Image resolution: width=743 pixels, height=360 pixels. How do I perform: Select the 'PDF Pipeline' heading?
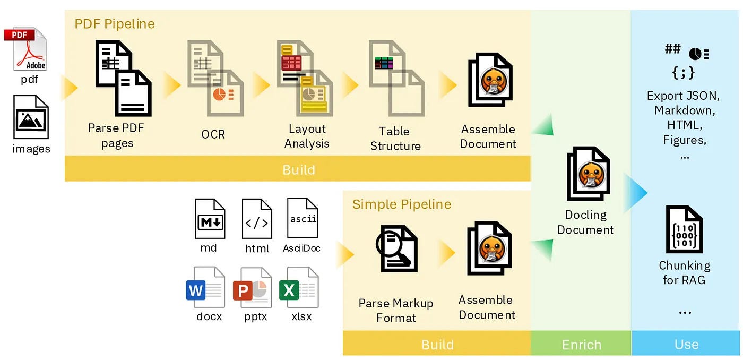(115, 24)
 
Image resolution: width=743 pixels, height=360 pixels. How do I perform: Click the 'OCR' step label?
(213, 134)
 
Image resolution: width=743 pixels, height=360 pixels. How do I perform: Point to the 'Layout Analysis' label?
(307, 136)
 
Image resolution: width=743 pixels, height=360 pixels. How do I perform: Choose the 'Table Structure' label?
(395, 139)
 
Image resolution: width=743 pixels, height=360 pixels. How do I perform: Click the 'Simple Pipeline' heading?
(402, 204)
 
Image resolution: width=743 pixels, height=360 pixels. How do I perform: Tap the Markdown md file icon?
(210, 218)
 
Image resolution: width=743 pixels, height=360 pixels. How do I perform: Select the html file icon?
(257, 219)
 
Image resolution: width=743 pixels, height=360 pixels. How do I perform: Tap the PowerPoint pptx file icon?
(252, 287)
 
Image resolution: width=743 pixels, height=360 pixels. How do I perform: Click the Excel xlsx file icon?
(299, 287)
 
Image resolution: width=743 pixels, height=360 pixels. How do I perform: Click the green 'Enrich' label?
(582, 345)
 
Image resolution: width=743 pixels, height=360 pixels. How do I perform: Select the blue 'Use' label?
(686, 345)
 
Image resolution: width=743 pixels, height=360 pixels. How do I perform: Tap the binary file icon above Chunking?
(684, 229)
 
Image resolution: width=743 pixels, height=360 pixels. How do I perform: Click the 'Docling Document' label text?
(585, 222)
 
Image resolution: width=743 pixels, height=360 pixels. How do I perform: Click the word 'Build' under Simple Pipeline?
(437, 345)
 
